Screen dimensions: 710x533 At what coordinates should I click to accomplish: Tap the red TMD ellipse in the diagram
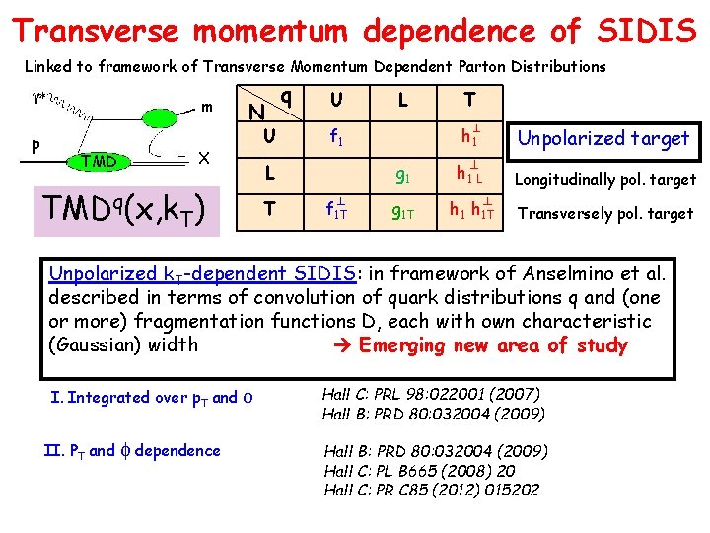pos(98,161)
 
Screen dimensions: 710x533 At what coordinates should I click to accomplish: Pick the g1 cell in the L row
pos(403,178)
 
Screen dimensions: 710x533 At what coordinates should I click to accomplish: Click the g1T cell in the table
pos(404,211)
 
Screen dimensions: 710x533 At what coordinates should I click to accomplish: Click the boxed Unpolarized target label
pos(604,138)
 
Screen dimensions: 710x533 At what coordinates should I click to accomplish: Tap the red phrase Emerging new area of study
pos(493,345)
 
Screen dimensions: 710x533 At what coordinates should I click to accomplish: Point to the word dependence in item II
pos(177,451)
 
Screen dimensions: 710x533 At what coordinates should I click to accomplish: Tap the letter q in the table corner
pos(285,96)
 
